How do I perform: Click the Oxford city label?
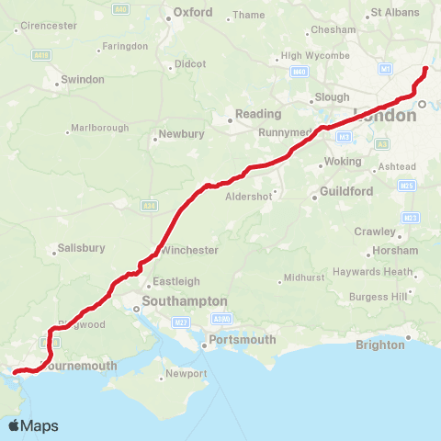[193, 13]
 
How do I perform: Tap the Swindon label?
[81, 80]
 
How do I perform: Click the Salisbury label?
[81, 248]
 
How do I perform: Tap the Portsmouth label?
[243, 340]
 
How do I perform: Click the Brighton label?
[380, 345]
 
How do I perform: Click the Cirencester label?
[48, 26]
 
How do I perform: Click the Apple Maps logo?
[33, 425]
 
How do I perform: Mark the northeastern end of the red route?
[425, 69]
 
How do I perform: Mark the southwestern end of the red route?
[14, 372]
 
